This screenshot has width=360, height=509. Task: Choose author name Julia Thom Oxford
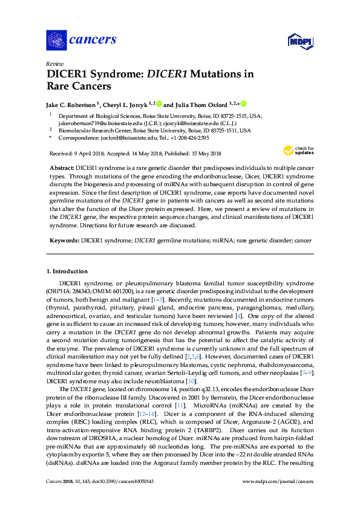200,104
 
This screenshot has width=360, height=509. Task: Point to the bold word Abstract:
61,166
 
